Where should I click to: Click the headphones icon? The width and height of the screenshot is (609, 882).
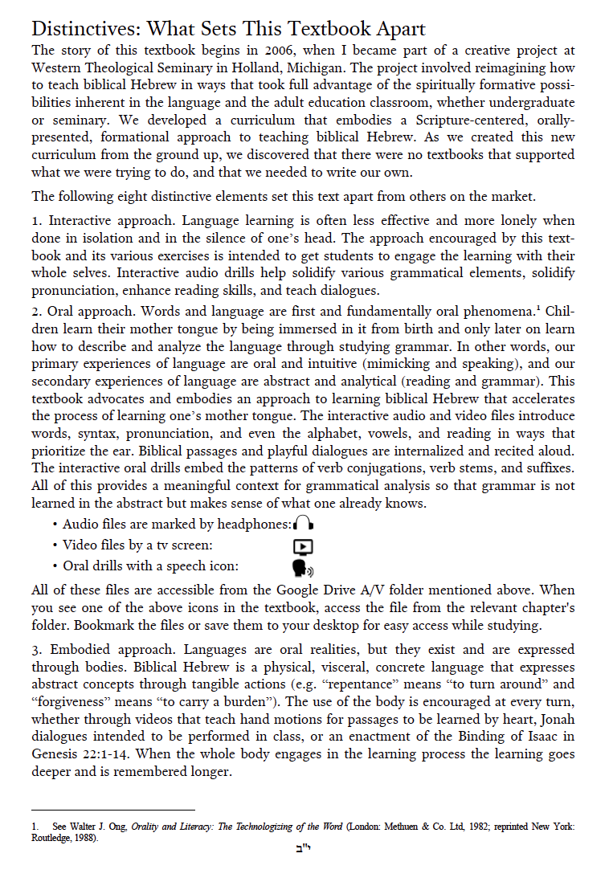click(x=303, y=524)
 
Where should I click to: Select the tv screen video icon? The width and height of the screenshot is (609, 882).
click(x=303, y=545)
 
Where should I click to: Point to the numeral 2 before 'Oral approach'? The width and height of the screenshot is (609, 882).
click(x=35, y=310)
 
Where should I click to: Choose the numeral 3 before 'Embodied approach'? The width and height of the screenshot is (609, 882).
click(x=35, y=649)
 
